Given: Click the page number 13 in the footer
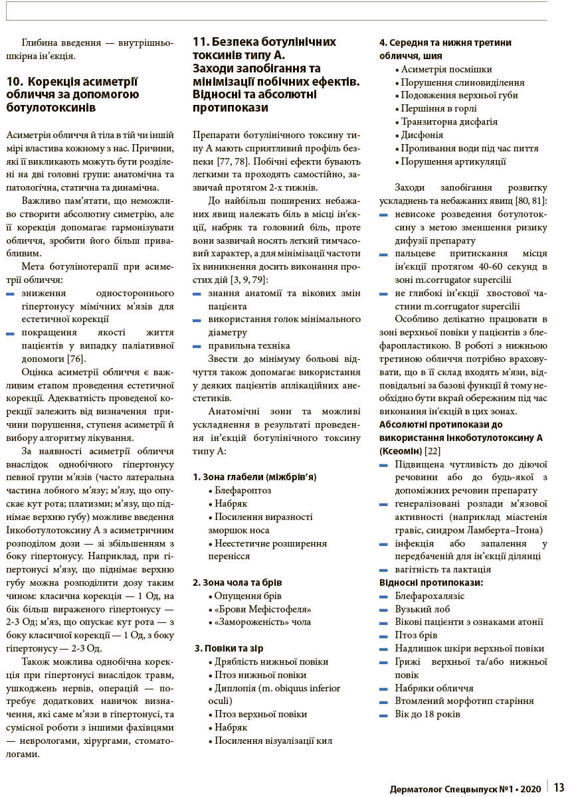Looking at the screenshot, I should coord(559,788).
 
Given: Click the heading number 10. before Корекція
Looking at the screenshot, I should coord(15,82).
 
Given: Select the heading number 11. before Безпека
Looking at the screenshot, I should coord(201,42).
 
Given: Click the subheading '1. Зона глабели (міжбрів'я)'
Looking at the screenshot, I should coord(254,477).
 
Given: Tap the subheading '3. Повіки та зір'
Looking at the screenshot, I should coord(229,648).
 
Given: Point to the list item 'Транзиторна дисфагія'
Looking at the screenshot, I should coord(449,122).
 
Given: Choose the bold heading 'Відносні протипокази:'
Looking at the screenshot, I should coord(431,582).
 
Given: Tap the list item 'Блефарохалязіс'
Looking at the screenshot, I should coord(430,596).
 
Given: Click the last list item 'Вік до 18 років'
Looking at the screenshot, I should coord(427,714).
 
